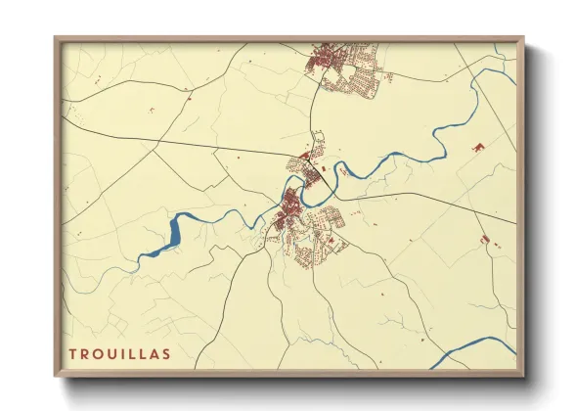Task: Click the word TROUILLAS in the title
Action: pos(120,352)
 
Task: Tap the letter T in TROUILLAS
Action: pos(72,352)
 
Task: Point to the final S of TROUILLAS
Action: pos(167,352)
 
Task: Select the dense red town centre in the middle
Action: pos(292,209)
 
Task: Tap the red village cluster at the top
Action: pos(323,62)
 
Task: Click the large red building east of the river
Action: pos(478,147)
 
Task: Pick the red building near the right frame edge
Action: pos(485,239)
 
